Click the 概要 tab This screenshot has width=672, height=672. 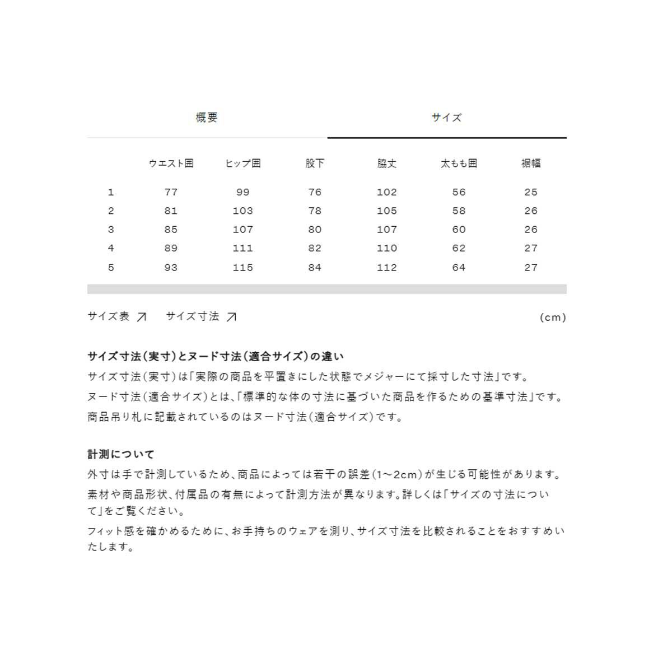207,118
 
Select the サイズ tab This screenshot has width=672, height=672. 446,118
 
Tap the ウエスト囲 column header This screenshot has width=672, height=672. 171,164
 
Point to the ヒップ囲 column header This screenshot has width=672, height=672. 242,164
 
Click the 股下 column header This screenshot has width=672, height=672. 315,164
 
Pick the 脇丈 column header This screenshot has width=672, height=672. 386,164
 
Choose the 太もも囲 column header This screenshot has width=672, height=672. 459,164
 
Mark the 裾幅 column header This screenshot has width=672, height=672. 531,164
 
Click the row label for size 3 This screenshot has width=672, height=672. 111,230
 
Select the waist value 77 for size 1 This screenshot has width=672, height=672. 171,192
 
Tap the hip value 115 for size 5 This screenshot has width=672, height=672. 242,268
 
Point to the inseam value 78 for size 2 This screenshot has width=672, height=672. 315,211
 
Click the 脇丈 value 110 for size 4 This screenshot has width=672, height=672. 386,249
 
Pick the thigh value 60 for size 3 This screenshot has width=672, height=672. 459,230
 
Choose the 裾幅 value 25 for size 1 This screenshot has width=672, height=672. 531,192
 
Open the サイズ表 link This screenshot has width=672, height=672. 116,317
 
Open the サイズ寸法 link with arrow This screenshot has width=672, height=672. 200,317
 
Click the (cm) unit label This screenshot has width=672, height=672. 553,318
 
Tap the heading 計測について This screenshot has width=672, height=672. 120,454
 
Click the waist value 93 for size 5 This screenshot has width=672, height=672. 171,268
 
